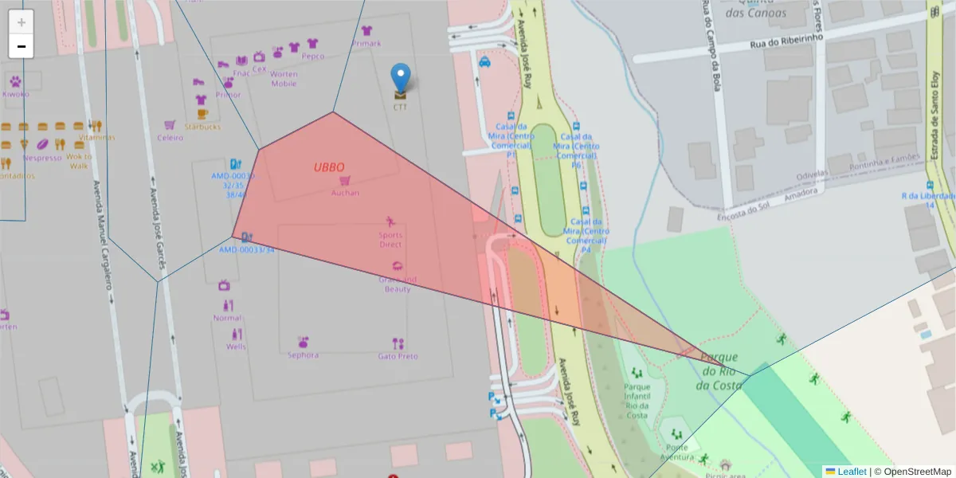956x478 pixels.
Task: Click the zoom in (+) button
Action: [x=22, y=22]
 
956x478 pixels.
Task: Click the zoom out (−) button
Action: [x=22, y=46]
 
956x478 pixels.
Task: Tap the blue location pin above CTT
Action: [x=402, y=79]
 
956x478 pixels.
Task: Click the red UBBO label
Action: [x=329, y=167]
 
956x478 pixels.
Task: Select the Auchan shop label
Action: [x=345, y=192]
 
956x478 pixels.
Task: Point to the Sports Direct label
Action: [x=390, y=239]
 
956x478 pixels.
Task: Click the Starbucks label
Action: [x=202, y=127]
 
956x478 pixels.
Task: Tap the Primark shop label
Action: [x=366, y=43]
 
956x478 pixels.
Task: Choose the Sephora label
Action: [x=303, y=355]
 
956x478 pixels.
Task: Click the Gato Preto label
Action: [x=398, y=355]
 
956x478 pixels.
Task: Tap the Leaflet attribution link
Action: [x=852, y=472]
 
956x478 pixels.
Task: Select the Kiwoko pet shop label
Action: [x=15, y=93]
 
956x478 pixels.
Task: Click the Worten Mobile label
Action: [x=284, y=79]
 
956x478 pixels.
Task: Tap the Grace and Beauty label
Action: [x=398, y=284]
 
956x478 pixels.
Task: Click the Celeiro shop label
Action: [x=170, y=137]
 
